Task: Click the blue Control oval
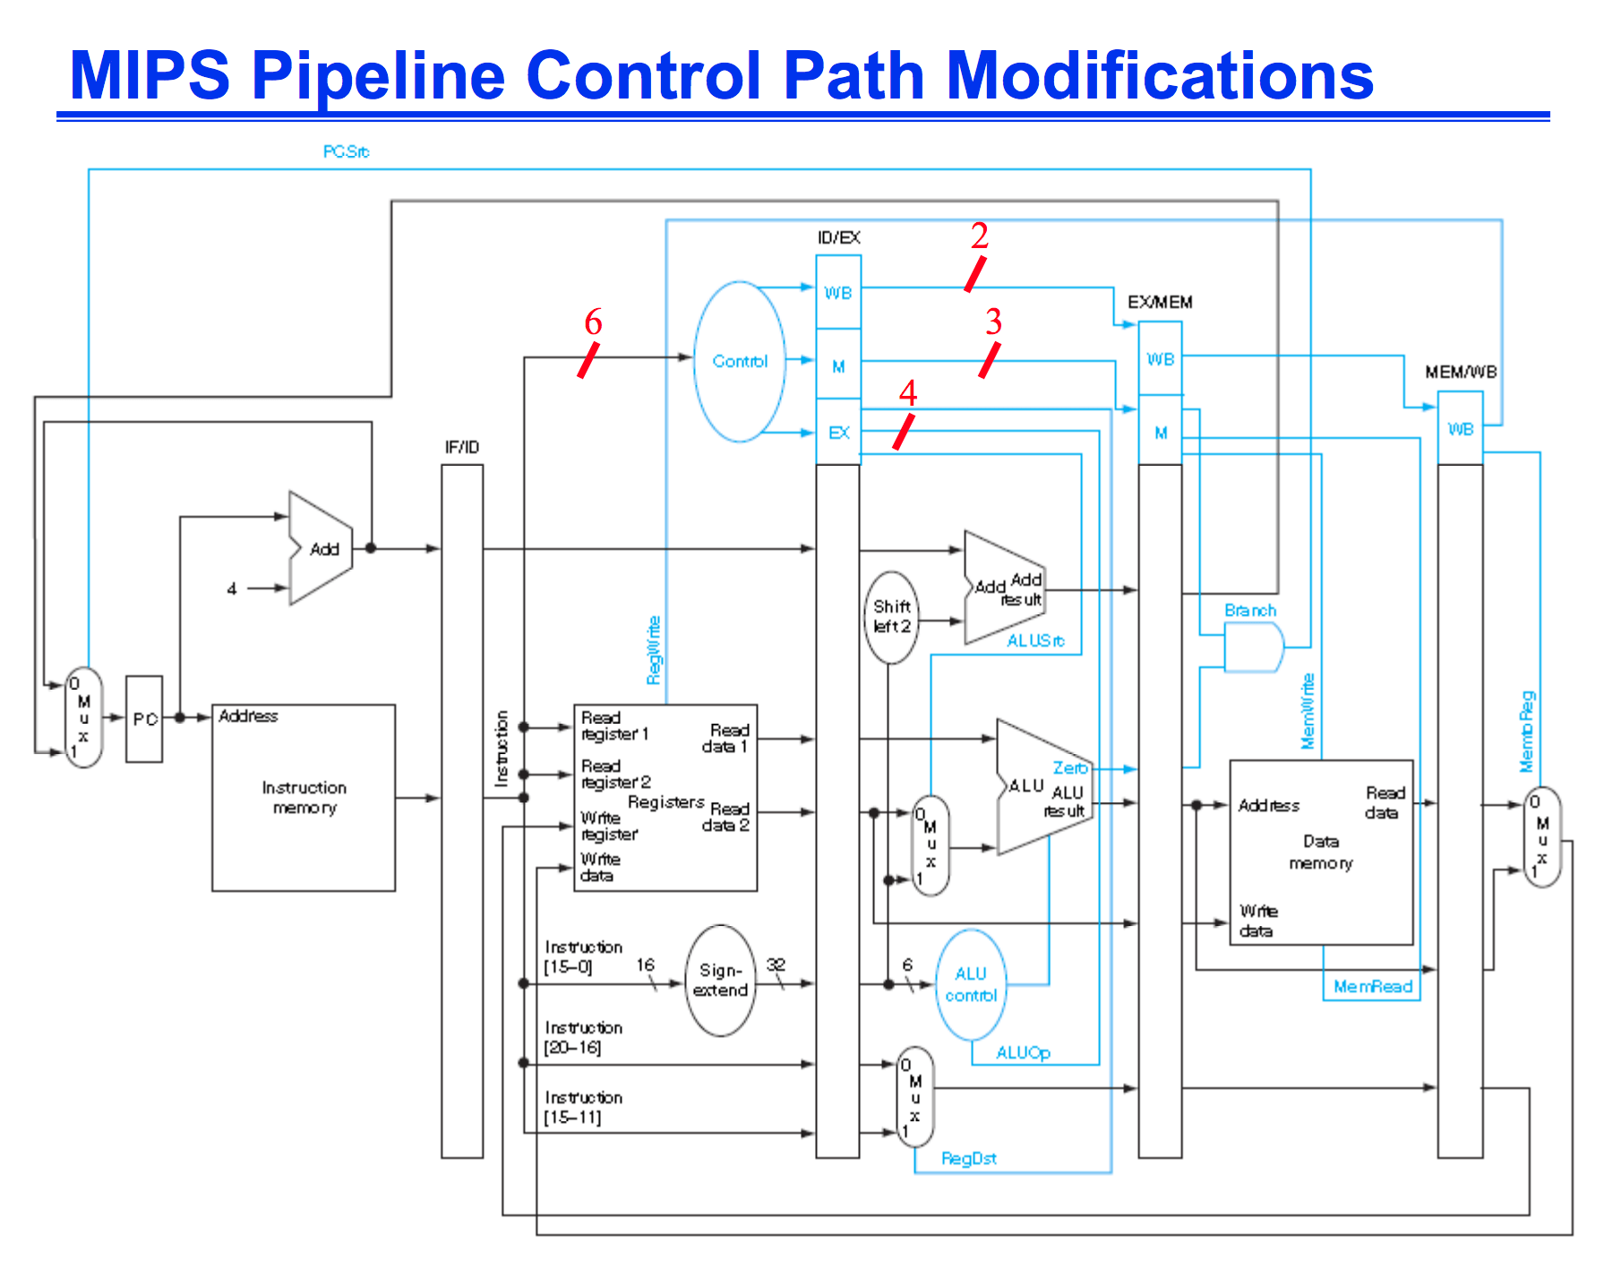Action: pyautogui.click(x=740, y=362)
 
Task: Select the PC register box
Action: pyautogui.click(x=144, y=718)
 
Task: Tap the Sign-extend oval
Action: pyautogui.click(x=720, y=981)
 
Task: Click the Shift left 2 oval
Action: pyautogui.click(x=891, y=617)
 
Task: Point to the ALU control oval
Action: pyautogui.click(x=971, y=984)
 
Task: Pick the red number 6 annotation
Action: pyautogui.click(x=593, y=322)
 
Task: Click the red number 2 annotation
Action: pyautogui.click(x=979, y=236)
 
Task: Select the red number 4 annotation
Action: pyautogui.click(x=908, y=393)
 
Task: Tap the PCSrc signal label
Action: pyautogui.click(x=346, y=152)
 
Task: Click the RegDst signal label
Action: pyautogui.click(x=968, y=1159)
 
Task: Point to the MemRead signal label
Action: pyautogui.click(x=1372, y=987)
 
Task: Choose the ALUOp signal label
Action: pyautogui.click(x=1023, y=1053)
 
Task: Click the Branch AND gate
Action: pyautogui.click(x=1253, y=648)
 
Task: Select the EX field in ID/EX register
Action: pyautogui.click(x=838, y=433)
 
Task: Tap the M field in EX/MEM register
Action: pyautogui.click(x=1161, y=433)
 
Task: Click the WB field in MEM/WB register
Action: pyautogui.click(x=1461, y=430)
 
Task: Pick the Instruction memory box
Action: pyautogui.click(x=304, y=797)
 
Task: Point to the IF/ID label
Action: pyautogui.click(x=462, y=447)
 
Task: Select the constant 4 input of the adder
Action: pyautogui.click(x=232, y=588)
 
